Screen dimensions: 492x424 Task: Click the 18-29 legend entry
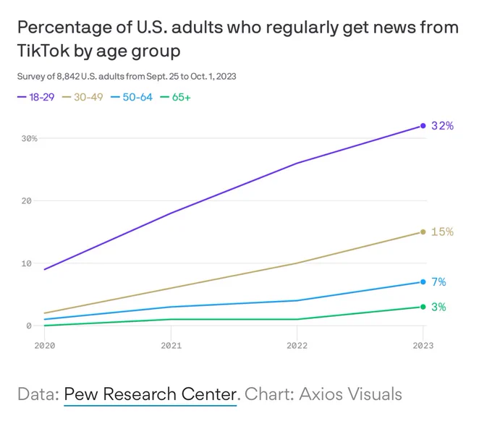35,97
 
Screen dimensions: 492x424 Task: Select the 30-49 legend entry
82,97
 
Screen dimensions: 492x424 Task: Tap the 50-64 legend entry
132,97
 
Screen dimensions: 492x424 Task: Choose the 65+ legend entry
175,97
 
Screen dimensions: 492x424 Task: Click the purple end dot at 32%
423,126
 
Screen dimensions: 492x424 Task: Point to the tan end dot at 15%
423,232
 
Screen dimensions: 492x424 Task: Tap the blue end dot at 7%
423,282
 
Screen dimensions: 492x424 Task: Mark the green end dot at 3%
423,307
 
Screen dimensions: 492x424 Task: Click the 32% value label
442,126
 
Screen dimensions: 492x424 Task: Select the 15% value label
442,232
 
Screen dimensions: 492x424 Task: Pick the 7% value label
438,282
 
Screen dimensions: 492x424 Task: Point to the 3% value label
438,307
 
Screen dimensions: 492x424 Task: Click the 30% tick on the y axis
30,138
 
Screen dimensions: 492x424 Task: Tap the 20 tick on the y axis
27,201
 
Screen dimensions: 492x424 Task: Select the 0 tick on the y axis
29,326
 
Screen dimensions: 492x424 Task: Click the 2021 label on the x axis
171,346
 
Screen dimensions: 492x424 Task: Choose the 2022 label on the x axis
297,346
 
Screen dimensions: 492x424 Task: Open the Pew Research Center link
150,394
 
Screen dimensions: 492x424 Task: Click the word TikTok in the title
43,51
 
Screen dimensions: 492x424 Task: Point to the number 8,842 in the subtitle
68,77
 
